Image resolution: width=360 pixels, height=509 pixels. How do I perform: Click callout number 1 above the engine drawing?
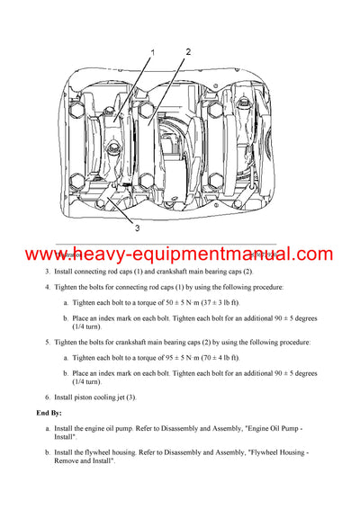[153, 53]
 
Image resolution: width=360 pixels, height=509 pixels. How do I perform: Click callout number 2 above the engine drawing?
[188, 51]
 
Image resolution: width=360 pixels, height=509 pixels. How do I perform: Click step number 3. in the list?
[48, 271]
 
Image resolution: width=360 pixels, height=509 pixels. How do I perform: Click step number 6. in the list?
[48, 397]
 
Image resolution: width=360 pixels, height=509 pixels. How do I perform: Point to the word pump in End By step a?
[135, 428]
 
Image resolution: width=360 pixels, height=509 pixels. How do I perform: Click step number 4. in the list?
[48, 287]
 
